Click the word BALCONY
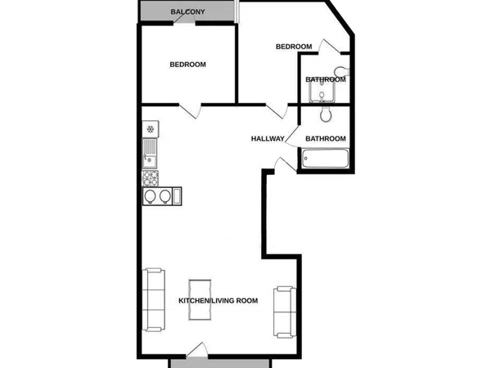tap(187, 12)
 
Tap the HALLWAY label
tap(268, 139)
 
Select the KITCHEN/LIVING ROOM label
tap(218, 301)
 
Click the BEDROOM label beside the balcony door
tap(188, 65)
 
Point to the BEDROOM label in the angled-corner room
tap(294, 47)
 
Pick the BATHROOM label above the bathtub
tap(326, 139)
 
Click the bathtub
tap(326, 159)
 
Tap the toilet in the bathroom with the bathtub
tap(326, 114)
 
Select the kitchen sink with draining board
tap(150, 154)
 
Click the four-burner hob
tap(151, 178)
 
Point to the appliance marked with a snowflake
tap(151, 128)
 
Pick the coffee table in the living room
tap(200, 300)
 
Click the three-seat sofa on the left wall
tap(154, 299)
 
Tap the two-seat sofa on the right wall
tap(285, 312)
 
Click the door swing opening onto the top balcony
tap(184, 19)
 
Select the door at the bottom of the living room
tap(197, 350)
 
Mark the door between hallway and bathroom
tap(292, 137)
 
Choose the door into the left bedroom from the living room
tap(190, 110)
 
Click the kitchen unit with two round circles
tap(162, 196)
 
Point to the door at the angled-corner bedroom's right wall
tap(330, 47)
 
